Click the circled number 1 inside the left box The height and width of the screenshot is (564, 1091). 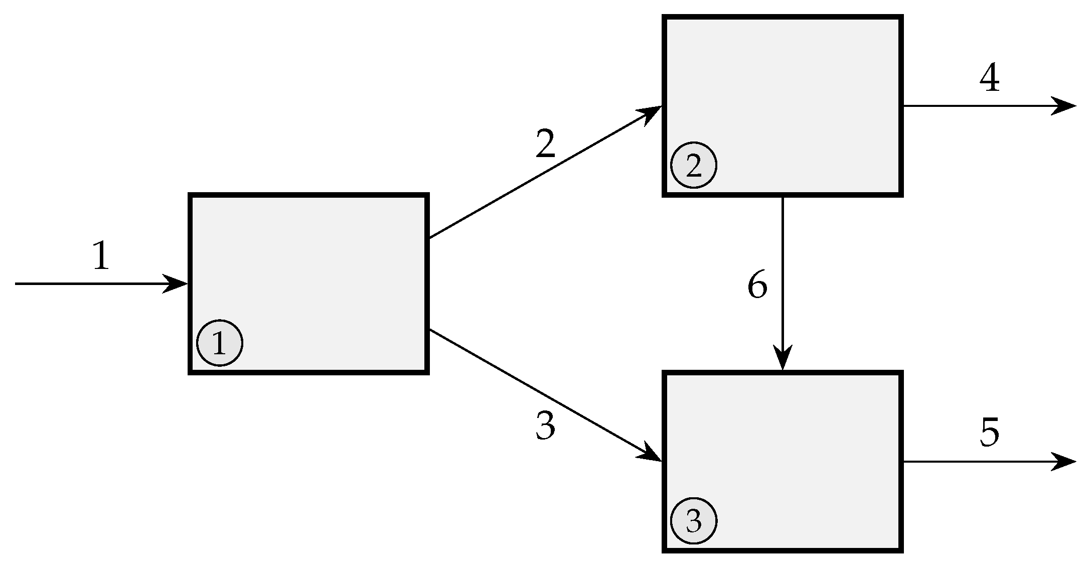(220, 343)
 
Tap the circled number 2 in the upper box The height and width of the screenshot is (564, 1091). (694, 166)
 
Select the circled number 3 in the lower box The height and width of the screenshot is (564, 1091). (694, 521)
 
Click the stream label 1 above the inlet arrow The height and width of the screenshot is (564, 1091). (101, 256)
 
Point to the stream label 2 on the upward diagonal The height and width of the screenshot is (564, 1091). (546, 144)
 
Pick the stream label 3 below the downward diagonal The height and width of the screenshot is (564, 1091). (546, 426)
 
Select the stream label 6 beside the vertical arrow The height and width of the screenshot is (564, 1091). (757, 285)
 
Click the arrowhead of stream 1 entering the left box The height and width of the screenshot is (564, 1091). (178, 284)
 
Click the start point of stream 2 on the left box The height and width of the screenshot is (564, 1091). (429, 238)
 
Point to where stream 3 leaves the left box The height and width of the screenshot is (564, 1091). (429, 330)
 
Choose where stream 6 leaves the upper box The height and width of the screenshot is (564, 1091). (783, 197)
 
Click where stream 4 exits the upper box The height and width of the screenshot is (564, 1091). (903, 106)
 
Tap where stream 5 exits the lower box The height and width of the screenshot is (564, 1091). (903, 462)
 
